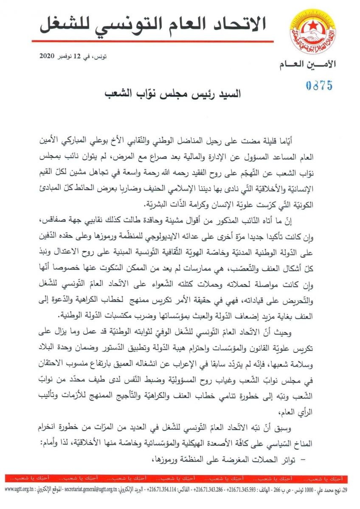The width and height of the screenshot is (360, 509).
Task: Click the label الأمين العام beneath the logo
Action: pos(308,64)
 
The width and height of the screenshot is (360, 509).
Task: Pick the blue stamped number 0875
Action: pos(319,85)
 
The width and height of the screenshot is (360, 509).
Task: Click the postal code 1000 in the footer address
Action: pos(315,490)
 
